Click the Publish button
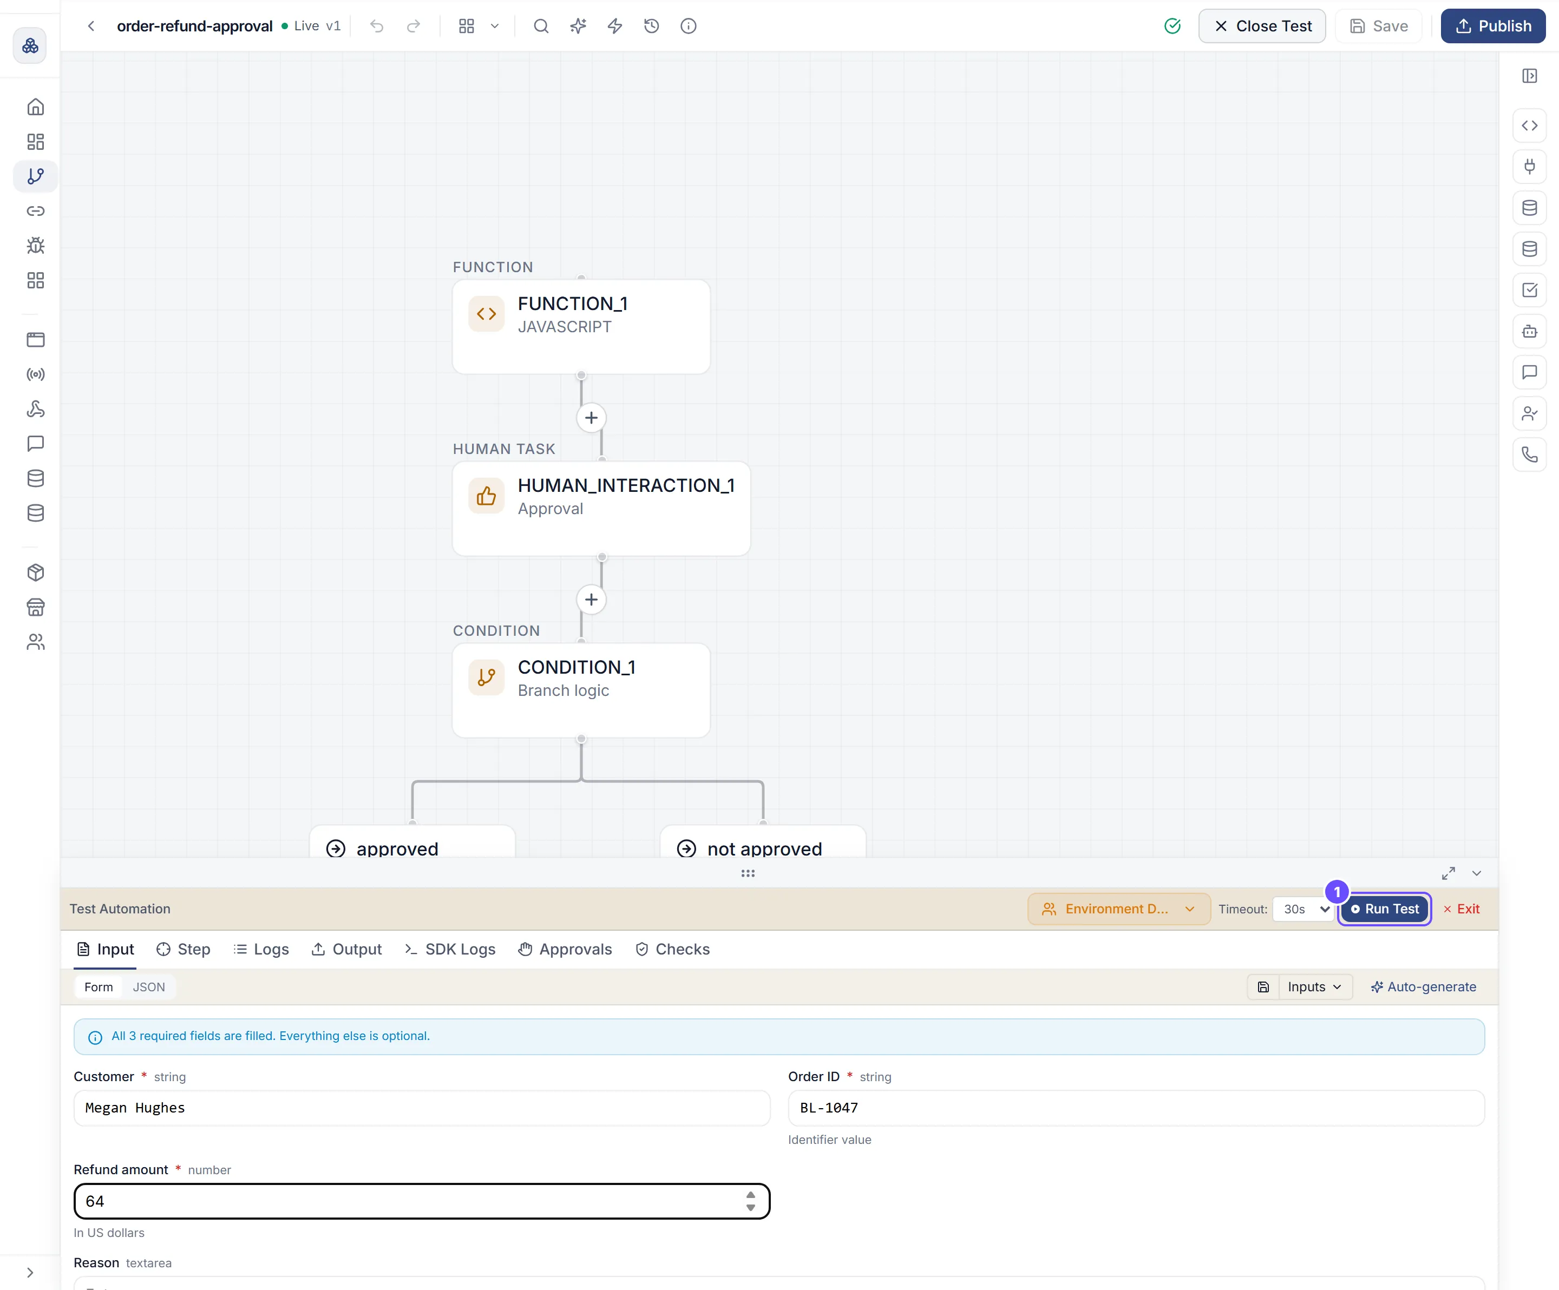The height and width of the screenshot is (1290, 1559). tap(1493, 26)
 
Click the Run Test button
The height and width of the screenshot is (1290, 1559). tap(1385, 909)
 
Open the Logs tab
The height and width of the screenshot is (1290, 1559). tap(261, 949)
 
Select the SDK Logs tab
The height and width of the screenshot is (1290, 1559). tap(450, 949)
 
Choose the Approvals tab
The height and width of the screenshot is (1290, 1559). tap(565, 949)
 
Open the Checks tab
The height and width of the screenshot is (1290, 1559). tap(673, 949)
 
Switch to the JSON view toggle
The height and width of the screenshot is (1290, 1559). tap(148, 987)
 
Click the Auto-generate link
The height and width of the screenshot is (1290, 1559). tap(1423, 987)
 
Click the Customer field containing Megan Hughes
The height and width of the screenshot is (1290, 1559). tap(422, 1108)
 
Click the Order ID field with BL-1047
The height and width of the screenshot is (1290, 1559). tap(1136, 1108)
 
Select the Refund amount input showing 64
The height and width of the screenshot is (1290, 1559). tap(422, 1201)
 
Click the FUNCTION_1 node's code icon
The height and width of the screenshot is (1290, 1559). tap(486, 314)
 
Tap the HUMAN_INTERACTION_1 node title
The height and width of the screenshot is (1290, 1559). tap(626, 485)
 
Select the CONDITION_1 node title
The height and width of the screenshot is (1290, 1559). tap(576, 667)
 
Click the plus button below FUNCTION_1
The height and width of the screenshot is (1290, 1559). tap(591, 418)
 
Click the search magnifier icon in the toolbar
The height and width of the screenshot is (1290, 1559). tap(541, 26)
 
